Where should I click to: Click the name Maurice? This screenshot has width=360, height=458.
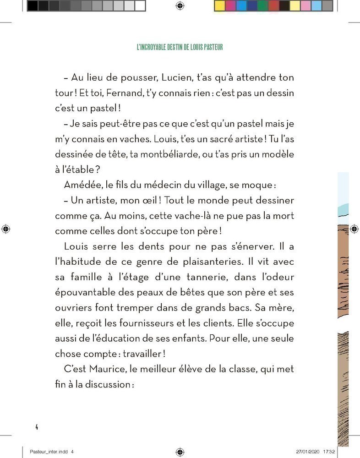click(99, 369)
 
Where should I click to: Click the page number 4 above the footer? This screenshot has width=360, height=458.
click(36, 427)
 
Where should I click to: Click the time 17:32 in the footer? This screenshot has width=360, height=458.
click(330, 451)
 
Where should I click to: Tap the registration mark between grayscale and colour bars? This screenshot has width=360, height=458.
click(180, 5)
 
